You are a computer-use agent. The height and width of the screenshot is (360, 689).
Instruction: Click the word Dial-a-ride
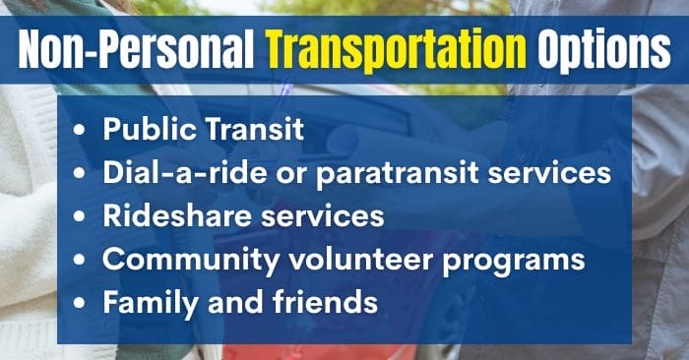tap(174, 173)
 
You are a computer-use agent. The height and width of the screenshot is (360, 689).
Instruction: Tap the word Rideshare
tap(168, 216)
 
